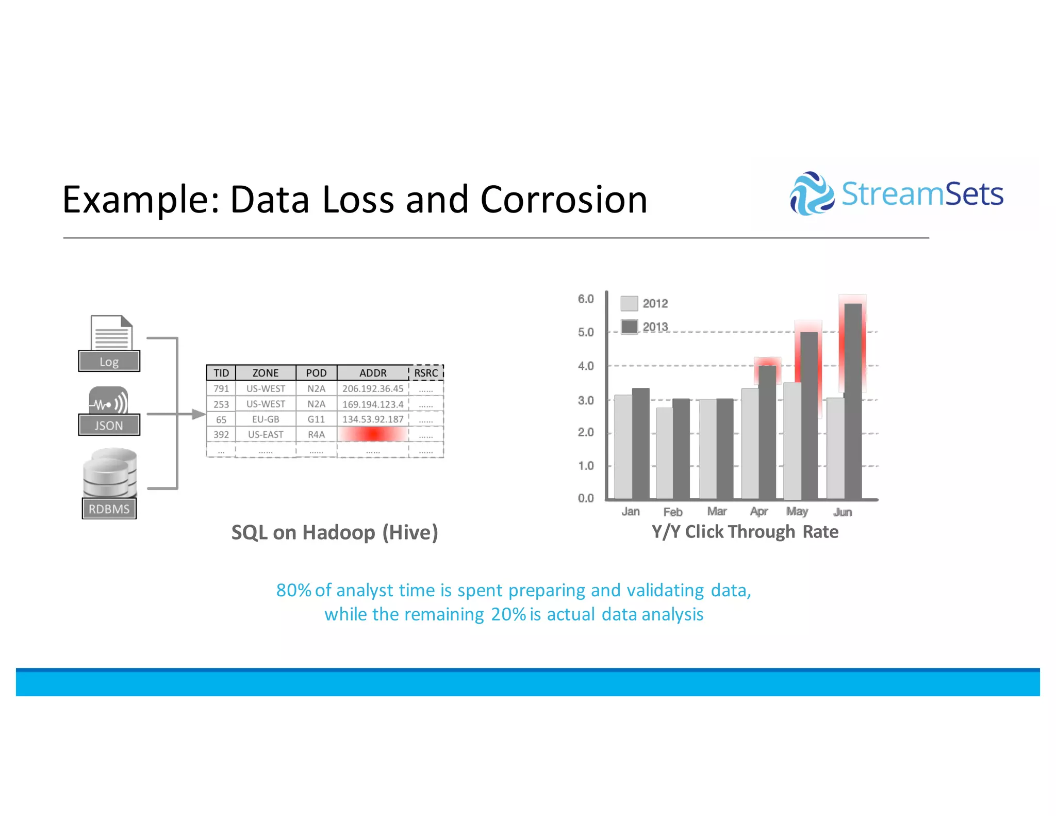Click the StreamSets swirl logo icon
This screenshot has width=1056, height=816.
coord(811,194)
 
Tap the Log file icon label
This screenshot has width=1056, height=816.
coord(109,362)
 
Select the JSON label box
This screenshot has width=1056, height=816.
coord(109,426)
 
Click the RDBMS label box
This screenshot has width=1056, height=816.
coord(109,509)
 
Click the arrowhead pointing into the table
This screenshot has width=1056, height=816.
coord(199,414)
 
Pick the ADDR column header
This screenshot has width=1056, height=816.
coord(372,373)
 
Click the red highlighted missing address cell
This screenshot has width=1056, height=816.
coord(372,434)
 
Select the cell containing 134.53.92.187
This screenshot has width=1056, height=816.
coord(372,419)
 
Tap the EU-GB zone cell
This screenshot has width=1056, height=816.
coord(265,419)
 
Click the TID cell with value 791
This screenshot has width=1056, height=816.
coord(221,388)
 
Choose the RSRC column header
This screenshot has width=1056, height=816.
coord(426,373)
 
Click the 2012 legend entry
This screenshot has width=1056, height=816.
coord(645,303)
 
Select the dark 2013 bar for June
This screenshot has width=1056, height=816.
coord(853,402)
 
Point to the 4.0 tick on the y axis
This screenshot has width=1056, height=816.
coord(586,366)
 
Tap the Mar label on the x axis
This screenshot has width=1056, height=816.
coord(717,511)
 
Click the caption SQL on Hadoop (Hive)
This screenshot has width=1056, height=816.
coord(334,532)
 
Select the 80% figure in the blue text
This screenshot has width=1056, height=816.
coord(293,590)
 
